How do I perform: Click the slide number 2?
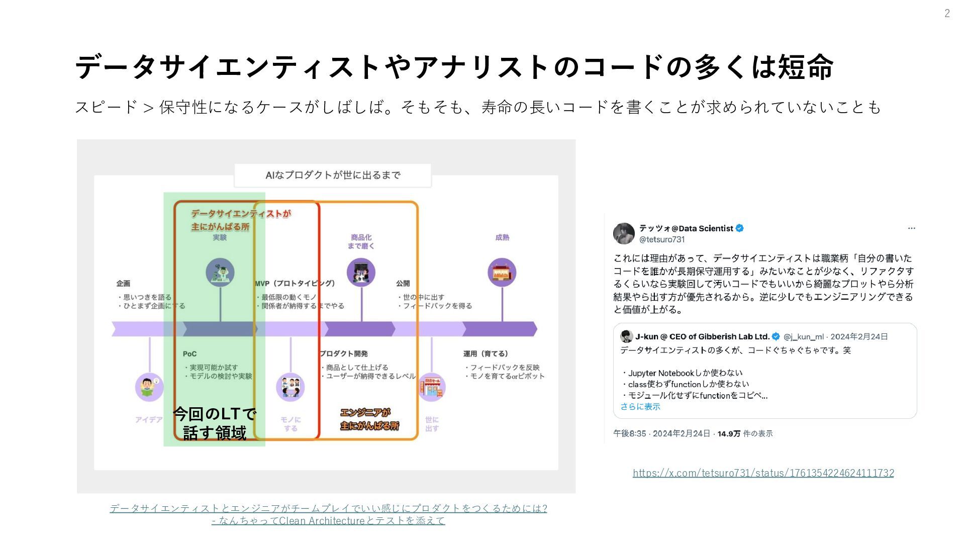947,14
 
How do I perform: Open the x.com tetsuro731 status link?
763,473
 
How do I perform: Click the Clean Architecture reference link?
328,514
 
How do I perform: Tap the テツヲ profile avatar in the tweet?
624,233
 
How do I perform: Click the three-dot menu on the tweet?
911,228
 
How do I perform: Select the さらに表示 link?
640,406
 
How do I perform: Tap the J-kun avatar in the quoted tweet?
626,336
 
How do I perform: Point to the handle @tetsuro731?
662,240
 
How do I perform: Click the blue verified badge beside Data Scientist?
740,228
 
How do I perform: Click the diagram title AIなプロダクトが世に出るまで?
333,175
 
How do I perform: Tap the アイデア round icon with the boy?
149,387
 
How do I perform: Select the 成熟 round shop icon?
502,273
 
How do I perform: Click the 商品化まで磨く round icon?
361,273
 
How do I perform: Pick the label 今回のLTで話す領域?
215,423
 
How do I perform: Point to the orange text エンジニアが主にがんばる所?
369,419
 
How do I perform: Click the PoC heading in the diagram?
189,354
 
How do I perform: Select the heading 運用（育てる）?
486,354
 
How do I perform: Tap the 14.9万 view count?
729,433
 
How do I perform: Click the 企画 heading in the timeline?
123,284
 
